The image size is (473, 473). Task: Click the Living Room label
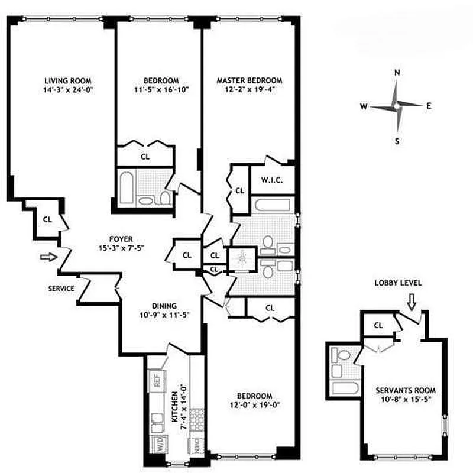[70, 80]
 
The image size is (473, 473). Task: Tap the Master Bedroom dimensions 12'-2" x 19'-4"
[249, 90]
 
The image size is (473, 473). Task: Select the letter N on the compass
[398, 73]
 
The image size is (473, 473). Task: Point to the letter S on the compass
[397, 141]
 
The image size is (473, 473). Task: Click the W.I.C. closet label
[269, 180]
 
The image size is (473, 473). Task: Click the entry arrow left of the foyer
[47, 257]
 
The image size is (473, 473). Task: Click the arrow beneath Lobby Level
[412, 302]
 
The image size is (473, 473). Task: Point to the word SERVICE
[61, 289]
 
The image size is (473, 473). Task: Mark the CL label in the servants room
[379, 326]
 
